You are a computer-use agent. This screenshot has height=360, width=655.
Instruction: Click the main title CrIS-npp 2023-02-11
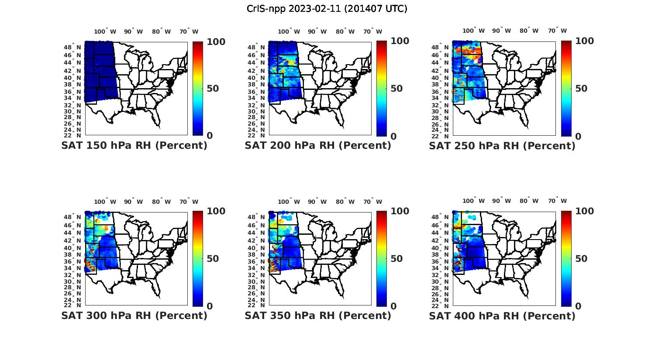coord(327,9)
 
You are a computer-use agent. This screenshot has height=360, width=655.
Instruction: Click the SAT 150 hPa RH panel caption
coord(134,146)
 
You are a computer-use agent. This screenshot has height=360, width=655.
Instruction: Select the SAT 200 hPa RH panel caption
coord(318,146)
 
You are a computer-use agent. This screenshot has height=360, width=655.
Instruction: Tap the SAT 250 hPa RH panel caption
coord(502,146)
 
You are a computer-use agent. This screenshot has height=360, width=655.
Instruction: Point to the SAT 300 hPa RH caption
coord(134,315)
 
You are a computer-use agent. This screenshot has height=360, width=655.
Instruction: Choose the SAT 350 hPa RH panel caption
coord(318,315)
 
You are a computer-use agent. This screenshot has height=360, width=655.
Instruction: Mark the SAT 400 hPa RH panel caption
coord(502,315)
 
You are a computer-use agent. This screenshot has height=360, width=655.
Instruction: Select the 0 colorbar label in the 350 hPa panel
coord(393,306)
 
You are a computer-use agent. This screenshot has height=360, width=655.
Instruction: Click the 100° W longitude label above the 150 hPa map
coord(105,31)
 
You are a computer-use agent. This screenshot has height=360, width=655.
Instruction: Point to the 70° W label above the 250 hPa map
coord(557,31)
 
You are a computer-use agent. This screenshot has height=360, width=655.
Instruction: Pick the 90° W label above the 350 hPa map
coord(317,202)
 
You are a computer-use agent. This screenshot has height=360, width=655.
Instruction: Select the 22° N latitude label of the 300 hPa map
coord(73,305)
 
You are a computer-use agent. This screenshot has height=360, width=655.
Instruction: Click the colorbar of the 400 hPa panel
coord(566,258)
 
